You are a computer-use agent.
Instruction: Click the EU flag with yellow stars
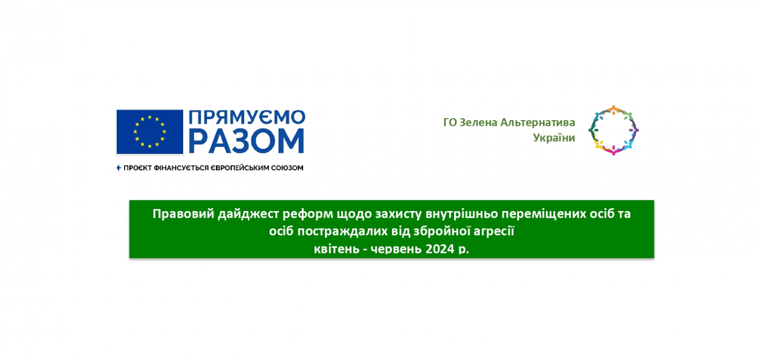(x=150, y=132)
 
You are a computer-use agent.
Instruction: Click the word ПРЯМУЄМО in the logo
(x=247, y=118)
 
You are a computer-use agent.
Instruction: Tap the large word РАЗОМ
(x=247, y=141)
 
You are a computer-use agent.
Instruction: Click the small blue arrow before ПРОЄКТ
(x=119, y=168)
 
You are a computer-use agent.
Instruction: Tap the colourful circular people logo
(x=613, y=109)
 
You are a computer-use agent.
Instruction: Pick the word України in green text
(x=554, y=138)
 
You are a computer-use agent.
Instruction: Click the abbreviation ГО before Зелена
(x=450, y=122)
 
